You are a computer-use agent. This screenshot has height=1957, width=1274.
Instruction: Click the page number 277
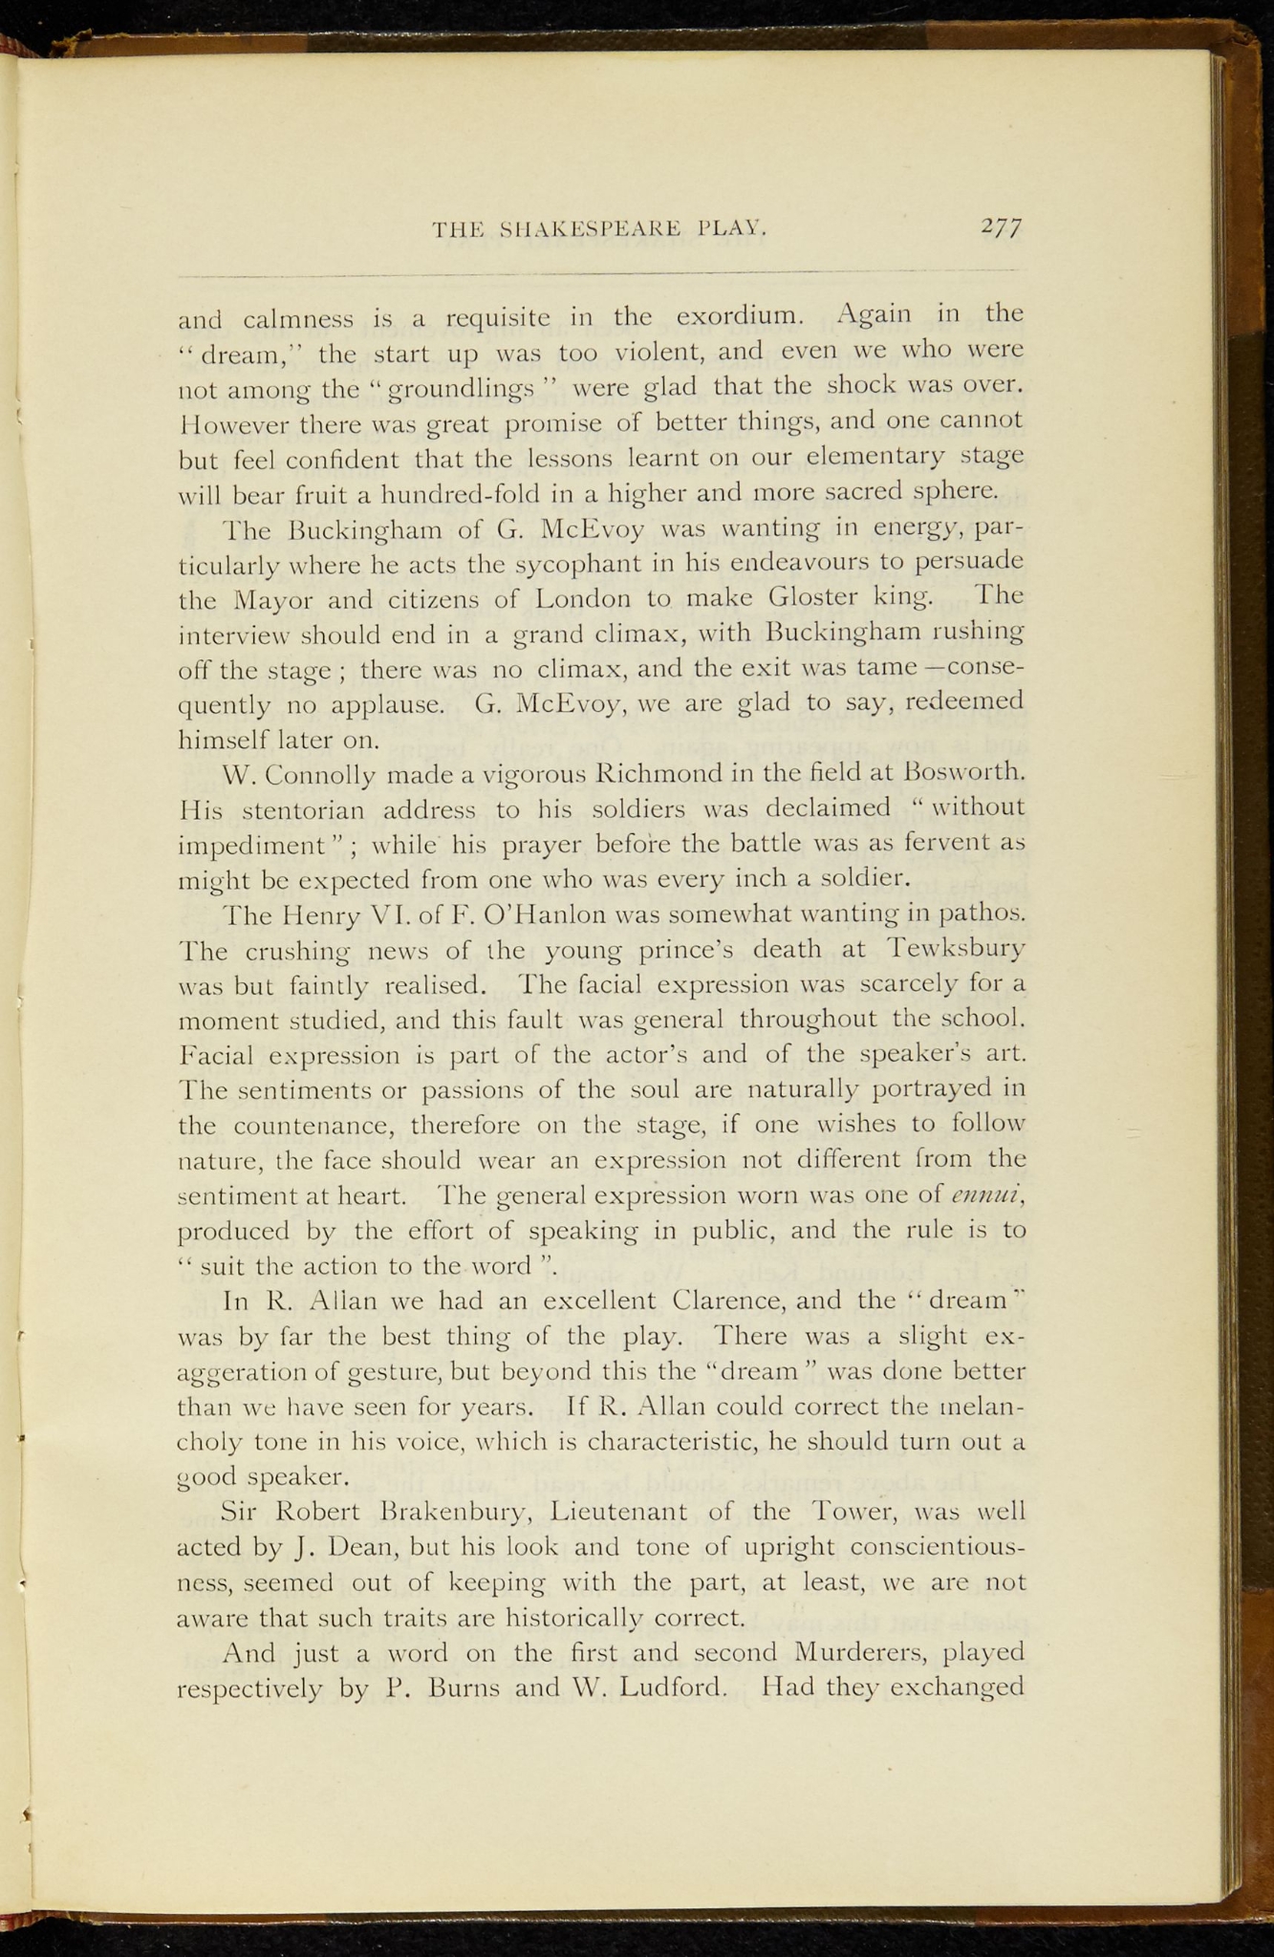pos(1001,229)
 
